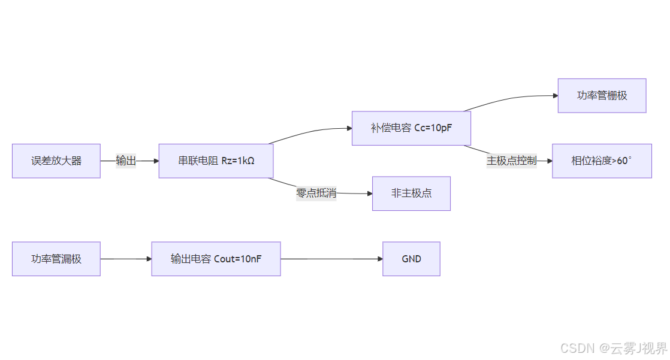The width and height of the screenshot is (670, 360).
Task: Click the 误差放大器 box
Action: pos(56,161)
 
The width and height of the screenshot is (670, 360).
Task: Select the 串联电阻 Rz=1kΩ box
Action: pos(216,161)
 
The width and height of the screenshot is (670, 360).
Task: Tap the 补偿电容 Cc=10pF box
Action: pos(411,128)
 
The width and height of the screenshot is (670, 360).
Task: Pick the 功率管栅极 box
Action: pos(602,95)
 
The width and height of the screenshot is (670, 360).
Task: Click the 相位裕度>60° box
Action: pos(602,161)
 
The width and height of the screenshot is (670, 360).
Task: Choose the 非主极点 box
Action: pos(411,193)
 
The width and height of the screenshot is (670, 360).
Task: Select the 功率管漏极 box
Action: pos(56,259)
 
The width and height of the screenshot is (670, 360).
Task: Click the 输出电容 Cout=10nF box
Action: pos(216,259)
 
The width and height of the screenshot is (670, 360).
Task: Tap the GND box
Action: pos(411,259)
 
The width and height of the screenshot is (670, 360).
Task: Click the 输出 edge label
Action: pos(126,161)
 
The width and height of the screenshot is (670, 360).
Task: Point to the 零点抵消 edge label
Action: pos(316,193)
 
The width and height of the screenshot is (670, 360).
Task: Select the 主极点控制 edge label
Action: pos(511,161)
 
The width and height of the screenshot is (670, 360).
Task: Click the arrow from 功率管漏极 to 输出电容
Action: pos(126,259)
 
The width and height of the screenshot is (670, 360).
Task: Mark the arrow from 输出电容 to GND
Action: pos(331,259)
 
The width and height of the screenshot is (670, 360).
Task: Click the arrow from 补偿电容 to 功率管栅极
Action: pos(509,99)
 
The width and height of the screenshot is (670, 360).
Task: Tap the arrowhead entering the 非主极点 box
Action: pos(369,193)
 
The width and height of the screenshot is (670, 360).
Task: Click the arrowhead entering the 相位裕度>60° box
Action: pos(549,161)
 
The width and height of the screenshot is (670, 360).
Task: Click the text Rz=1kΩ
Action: pos(238,161)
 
